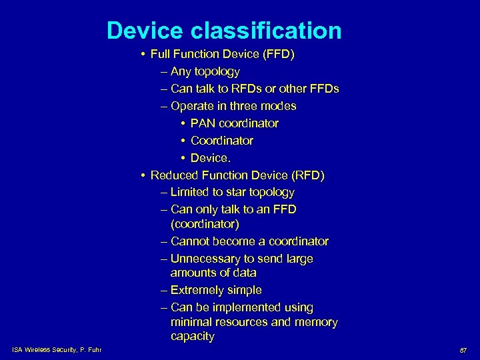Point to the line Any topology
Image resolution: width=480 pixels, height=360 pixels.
[x=205, y=71]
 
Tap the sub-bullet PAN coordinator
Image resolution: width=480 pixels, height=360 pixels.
[x=235, y=123]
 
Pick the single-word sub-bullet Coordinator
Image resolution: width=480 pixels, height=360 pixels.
[x=222, y=141]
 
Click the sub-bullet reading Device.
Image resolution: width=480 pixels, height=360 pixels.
[x=209, y=158]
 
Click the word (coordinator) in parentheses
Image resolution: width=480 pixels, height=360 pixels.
[x=205, y=225]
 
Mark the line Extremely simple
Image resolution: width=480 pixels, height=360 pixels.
[x=216, y=290]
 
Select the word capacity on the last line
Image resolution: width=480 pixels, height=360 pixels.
[x=193, y=337]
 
